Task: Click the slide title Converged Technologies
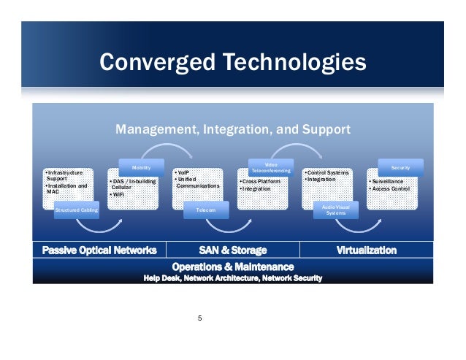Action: coord(232,62)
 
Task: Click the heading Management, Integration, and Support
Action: coord(233,130)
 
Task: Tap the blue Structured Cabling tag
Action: coord(76,210)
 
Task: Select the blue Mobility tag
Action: coord(142,167)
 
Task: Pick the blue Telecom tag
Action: coord(205,210)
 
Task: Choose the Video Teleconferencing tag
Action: coord(270,167)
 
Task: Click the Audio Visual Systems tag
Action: coord(335,210)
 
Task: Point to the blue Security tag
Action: coord(401,167)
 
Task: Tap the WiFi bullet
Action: coord(117,195)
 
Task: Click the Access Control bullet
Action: coord(393,189)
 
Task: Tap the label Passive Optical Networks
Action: coord(99,250)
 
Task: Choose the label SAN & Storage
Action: coord(232,250)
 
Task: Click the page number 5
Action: coord(200,318)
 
